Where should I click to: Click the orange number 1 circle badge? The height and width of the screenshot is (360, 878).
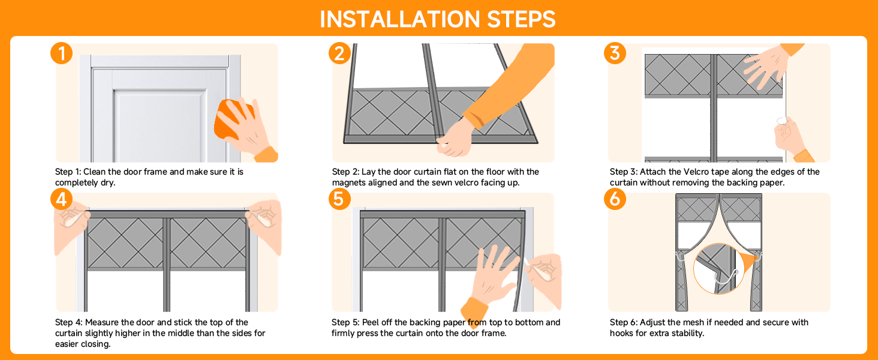click(62, 54)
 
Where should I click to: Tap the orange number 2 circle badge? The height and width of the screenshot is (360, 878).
click(339, 54)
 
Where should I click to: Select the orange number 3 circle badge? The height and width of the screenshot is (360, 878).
click(615, 54)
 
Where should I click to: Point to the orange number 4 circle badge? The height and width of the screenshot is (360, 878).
click(62, 199)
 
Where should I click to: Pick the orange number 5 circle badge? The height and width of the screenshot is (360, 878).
click(339, 199)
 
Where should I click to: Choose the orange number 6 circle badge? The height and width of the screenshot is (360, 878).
click(615, 199)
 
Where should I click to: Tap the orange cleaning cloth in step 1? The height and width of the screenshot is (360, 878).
click(233, 122)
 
